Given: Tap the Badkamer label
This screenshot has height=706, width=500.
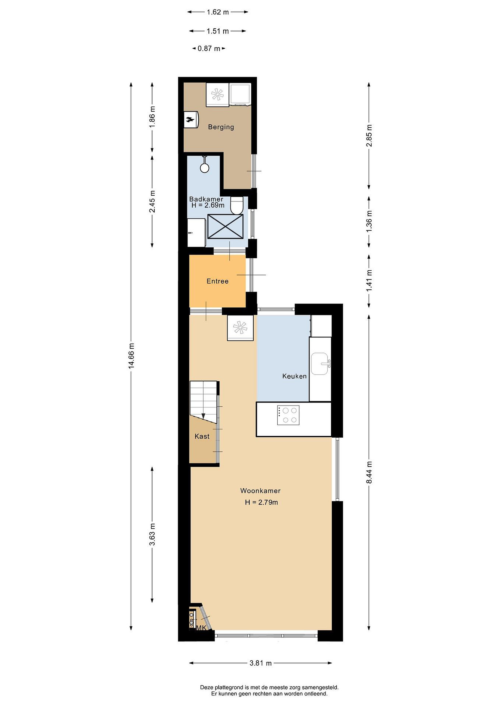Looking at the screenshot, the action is pos(206,199).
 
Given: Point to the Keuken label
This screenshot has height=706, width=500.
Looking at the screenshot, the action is pos(294,376).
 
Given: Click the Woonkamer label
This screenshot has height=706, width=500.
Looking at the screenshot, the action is pos(260,491).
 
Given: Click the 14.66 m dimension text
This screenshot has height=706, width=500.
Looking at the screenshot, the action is pos(132,355).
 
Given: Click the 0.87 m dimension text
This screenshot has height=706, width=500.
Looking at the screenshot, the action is pos(209,49).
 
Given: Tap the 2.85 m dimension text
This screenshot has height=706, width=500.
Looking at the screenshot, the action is pos(369,136).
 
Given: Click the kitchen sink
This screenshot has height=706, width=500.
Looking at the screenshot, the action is pos(320,364).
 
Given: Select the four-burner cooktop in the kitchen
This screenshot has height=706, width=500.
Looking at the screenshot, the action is pos(288,416).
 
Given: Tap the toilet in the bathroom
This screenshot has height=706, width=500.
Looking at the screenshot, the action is pos(237,205).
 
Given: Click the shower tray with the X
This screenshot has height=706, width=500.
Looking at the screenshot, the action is pos(226,226).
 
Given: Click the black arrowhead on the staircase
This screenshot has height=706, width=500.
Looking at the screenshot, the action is pos(203,416).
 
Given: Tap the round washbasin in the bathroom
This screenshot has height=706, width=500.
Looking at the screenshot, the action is pos(204,168).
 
